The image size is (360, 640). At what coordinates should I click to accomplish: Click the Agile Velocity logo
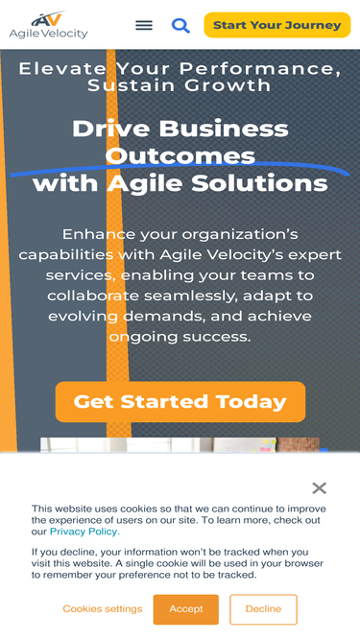click(x=48, y=25)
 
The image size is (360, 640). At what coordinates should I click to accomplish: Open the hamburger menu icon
click(x=144, y=25)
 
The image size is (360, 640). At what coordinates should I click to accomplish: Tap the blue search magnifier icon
click(x=180, y=25)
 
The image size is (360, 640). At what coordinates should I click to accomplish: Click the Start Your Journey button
click(x=276, y=25)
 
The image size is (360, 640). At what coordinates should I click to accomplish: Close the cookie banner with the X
click(x=320, y=488)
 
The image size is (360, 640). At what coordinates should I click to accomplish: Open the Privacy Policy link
click(x=84, y=532)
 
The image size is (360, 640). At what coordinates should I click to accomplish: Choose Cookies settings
click(x=103, y=609)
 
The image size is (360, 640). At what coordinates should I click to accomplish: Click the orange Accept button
click(x=186, y=609)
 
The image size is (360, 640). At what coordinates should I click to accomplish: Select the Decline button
click(x=263, y=609)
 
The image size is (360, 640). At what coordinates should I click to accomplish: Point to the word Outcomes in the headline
click(x=180, y=155)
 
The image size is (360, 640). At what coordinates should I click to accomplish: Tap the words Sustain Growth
click(x=180, y=85)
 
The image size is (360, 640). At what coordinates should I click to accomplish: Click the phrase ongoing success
click(x=180, y=337)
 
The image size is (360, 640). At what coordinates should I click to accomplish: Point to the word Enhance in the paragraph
click(x=101, y=234)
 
